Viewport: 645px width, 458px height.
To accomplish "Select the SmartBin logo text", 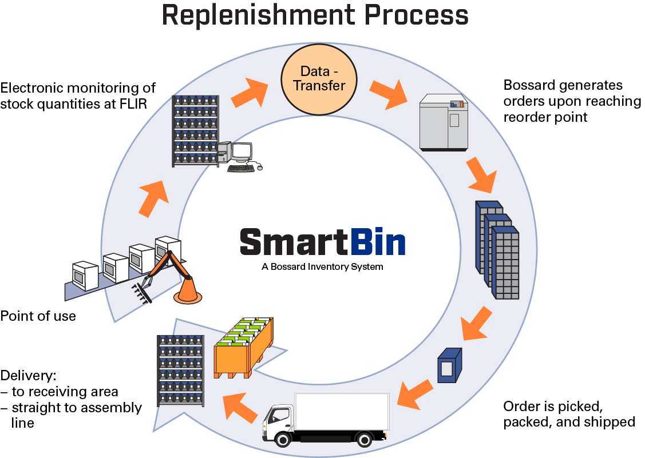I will click(x=322, y=242).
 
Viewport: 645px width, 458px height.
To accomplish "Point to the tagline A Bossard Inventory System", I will click(x=322, y=267).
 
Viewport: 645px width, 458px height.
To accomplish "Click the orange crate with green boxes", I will click(x=244, y=350).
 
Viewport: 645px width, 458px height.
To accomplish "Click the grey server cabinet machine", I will click(x=443, y=122).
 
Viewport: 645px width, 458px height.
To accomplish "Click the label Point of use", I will click(x=38, y=316).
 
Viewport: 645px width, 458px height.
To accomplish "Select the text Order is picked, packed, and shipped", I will click(x=569, y=414).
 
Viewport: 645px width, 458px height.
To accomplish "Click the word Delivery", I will click(x=27, y=376).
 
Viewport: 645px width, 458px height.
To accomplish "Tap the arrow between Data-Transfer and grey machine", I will click(x=389, y=94).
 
